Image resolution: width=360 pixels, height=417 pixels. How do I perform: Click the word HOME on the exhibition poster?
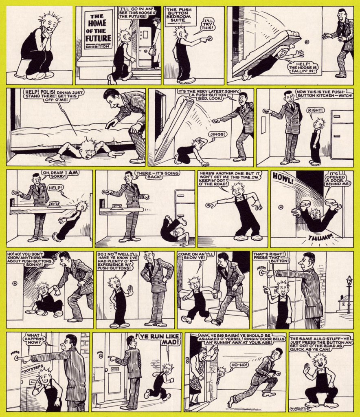[97, 23]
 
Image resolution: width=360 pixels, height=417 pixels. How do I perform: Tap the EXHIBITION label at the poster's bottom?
[97, 46]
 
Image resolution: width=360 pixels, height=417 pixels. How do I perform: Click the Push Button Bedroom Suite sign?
[179, 15]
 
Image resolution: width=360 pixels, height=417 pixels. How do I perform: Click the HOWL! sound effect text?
[282, 179]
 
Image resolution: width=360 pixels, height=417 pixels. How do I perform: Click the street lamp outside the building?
[349, 294]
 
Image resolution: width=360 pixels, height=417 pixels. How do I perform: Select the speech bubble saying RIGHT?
[316, 110]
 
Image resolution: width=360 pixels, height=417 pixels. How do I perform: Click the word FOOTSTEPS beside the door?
[32, 369]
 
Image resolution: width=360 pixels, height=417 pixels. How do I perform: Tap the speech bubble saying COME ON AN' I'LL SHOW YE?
[195, 256]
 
